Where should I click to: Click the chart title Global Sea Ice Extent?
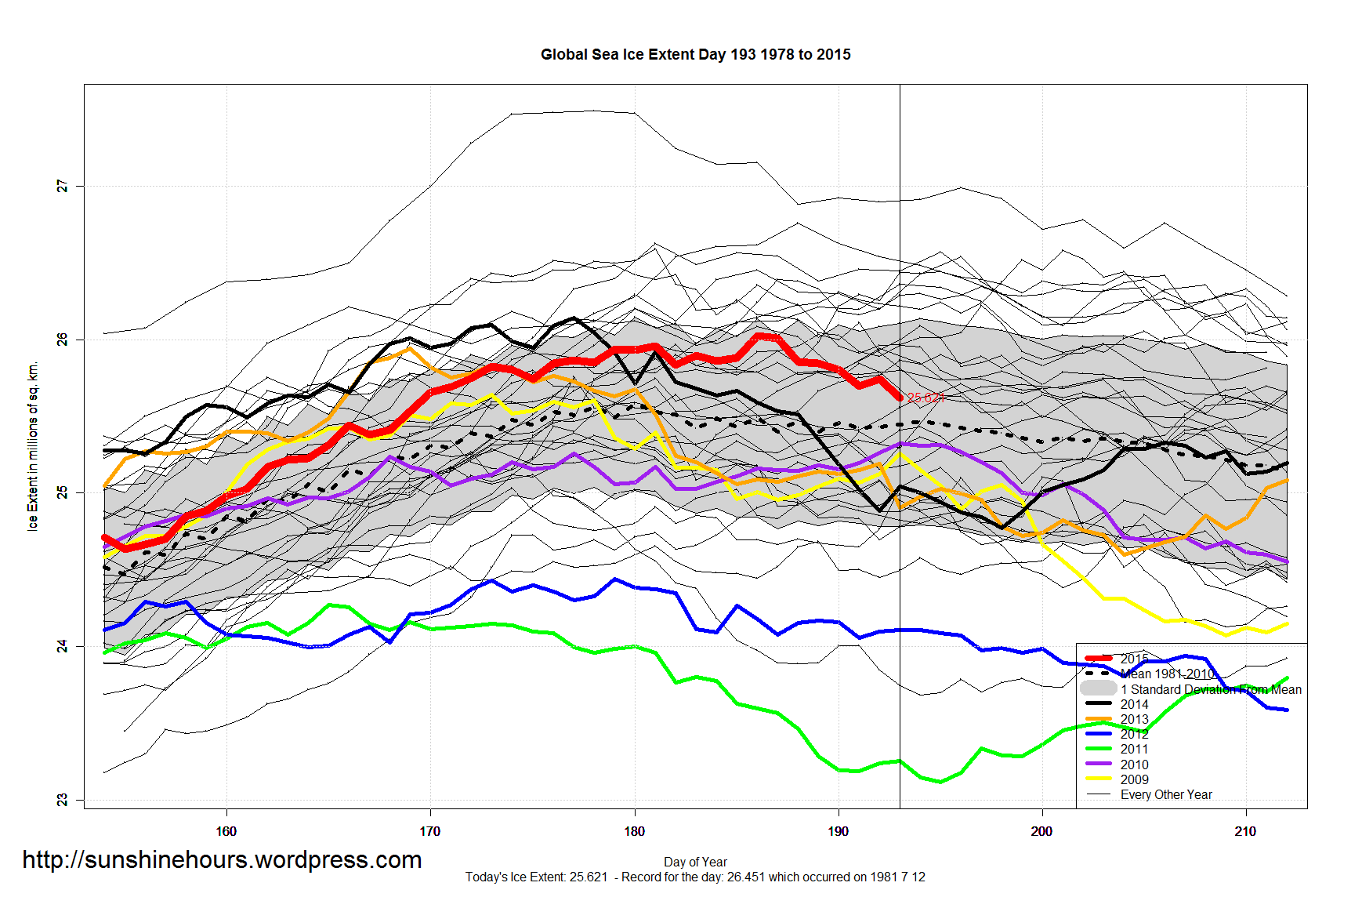(x=695, y=54)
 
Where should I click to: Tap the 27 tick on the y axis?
(x=62, y=186)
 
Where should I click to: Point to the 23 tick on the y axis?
(x=62, y=800)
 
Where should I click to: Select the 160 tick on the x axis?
(x=226, y=831)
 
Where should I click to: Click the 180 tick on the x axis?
(x=634, y=831)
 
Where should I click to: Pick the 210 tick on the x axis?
(x=1245, y=831)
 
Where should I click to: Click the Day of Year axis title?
(x=695, y=862)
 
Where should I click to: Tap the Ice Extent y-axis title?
(x=32, y=446)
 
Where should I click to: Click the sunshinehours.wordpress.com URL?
(x=222, y=859)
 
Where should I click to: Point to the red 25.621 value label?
(x=925, y=398)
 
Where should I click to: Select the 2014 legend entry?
(x=1134, y=704)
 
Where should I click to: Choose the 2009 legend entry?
(x=1134, y=779)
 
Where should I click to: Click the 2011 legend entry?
(x=1134, y=749)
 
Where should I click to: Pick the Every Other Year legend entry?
(x=1165, y=794)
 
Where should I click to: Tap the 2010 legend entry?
(x=1134, y=765)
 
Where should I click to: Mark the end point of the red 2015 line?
(x=900, y=398)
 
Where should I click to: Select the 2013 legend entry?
(x=1134, y=719)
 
